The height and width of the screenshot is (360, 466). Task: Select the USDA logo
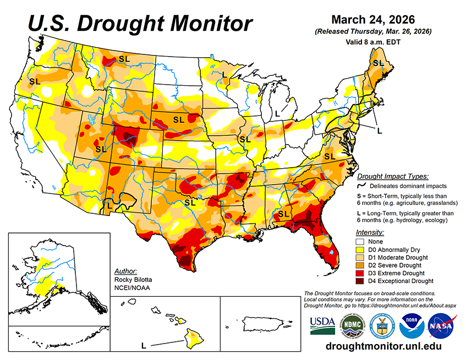click(322, 326)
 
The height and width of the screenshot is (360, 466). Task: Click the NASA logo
click(442, 326)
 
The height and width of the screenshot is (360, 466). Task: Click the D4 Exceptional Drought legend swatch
click(361, 281)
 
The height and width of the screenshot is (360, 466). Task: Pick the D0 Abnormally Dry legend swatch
click(361, 249)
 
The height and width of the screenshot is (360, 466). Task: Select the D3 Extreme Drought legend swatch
click(361, 273)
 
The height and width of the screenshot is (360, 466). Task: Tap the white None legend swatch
click(361, 241)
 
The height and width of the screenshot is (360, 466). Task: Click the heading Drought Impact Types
click(392, 176)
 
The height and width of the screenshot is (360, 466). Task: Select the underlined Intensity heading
click(370, 232)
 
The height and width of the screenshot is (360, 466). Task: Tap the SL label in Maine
click(379, 63)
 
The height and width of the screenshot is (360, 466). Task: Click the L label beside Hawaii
click(144, 346)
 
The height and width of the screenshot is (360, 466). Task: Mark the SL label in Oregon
click(34, 81)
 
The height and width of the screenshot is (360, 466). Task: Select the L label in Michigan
click(278, 112)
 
